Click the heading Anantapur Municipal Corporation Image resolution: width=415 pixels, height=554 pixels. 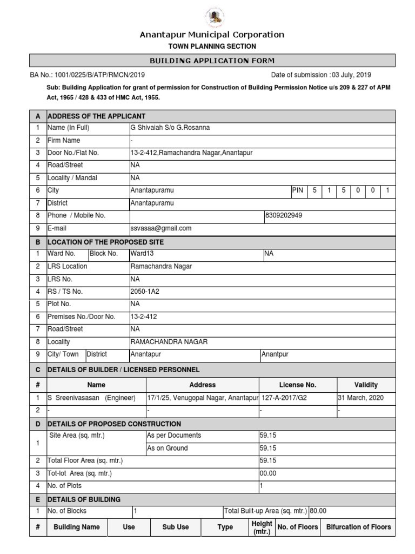click(212, 35)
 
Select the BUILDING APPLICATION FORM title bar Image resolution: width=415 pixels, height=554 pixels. click(212, 61)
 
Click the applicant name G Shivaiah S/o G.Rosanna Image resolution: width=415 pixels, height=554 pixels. click(170, 128)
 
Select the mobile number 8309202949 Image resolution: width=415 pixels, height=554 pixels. click(284, 216)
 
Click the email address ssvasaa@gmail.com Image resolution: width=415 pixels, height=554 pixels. click(161, 229)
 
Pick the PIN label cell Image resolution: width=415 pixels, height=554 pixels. click(298, 190)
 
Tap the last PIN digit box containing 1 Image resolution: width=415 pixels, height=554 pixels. click(388, 190)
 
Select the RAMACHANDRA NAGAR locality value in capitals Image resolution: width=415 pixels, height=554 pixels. click(169, 342)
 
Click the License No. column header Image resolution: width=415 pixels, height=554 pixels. click(297, 385)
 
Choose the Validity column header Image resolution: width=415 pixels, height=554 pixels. click(366, 385)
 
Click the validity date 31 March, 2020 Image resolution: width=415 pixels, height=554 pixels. click(361, 398)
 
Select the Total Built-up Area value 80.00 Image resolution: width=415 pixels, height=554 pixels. click(318, 511)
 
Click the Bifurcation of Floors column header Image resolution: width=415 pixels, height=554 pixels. click(358, 527)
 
